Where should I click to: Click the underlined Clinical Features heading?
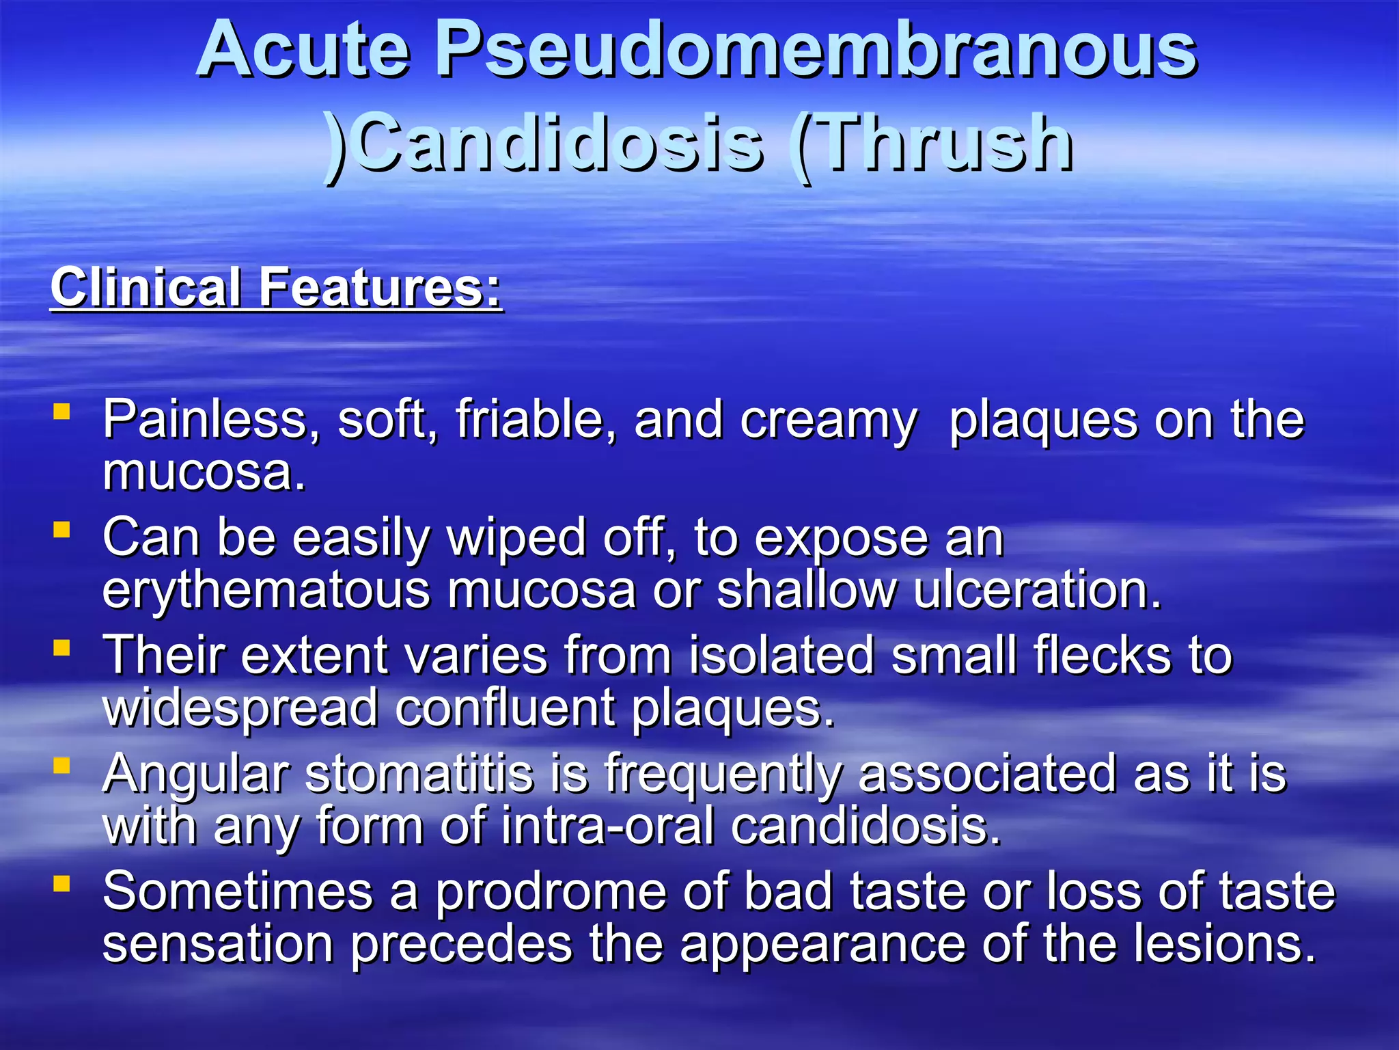click(x=277, y=288)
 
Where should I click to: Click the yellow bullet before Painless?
click(x=62, y=412)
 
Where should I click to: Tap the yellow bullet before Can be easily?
click(x=62, y=530)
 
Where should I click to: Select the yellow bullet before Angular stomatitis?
click(x=62, y=766)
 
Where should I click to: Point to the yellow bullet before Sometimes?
click(x=62, y=885)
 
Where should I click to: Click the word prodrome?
click(x=551, y=893)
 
